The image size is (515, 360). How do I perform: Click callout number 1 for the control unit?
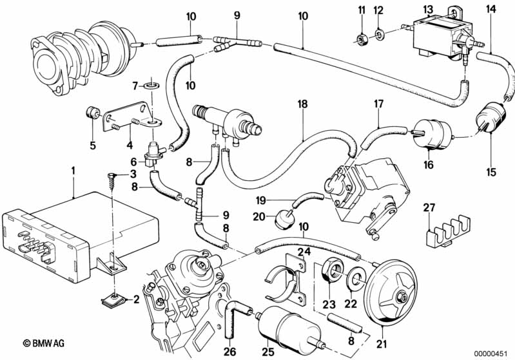73,171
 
